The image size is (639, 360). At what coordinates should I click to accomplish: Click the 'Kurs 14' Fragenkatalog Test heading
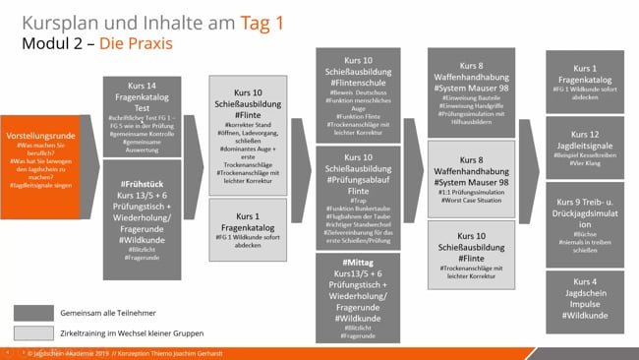[149, 86]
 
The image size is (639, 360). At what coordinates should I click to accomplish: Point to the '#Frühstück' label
[148, 184]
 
